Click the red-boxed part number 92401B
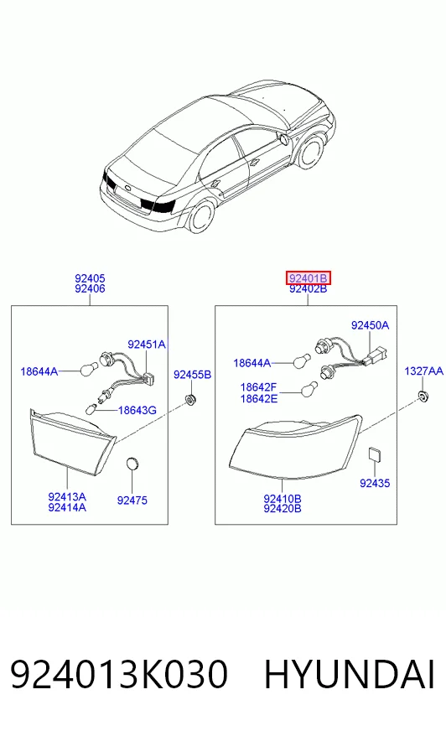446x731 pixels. tap(308, 278)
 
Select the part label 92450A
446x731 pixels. tap(370, 325)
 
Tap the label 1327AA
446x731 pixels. tap(423, 371)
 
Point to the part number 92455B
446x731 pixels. tap(192, 375)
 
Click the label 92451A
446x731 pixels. tap(147, 345)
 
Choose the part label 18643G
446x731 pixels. tap(137, 410)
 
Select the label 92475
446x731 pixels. tap(132, 500)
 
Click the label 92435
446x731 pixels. tap(375, 483)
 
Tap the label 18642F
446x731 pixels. tap(259, 387)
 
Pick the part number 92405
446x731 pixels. tap(90, 278)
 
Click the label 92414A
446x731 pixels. tap(67, 508)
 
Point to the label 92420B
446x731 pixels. tap(283, 509)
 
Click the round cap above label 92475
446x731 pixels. tap(133, 464)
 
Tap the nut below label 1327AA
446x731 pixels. tap(423, 397)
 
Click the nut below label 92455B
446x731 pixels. tap(190, 400)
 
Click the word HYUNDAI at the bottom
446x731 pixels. tap(349, 674)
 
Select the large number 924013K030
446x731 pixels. tap(118, 674)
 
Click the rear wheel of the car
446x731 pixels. tap(202, 215)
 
